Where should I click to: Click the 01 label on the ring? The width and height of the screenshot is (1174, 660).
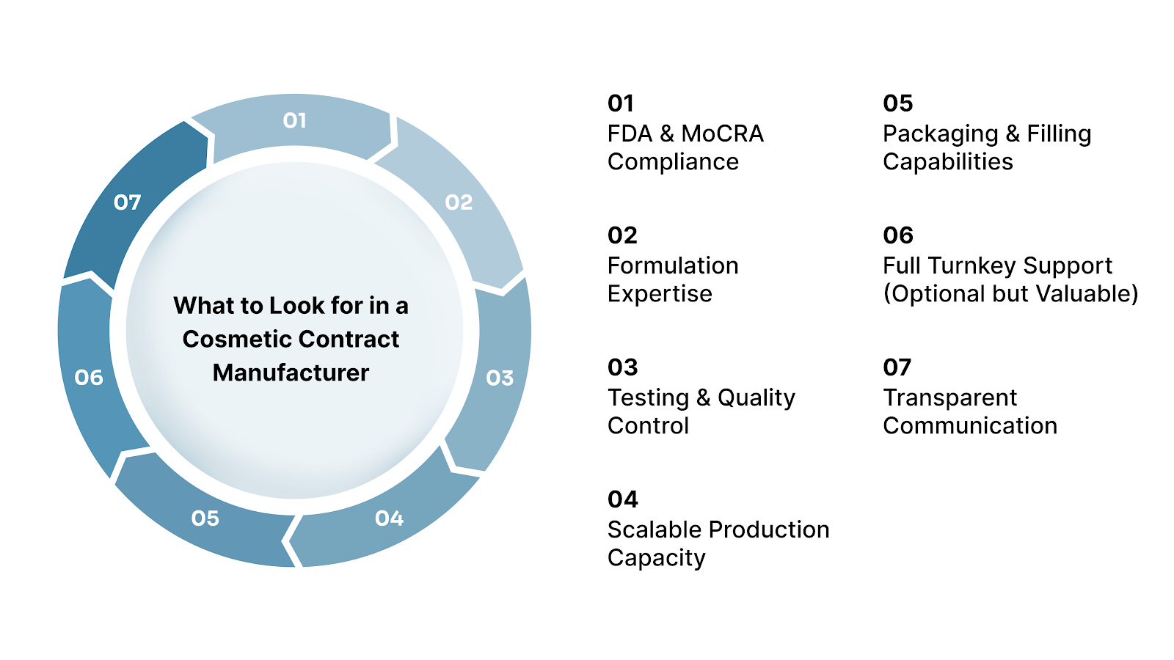pos(294,120)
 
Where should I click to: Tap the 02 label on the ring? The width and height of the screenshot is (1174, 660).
pos(459,202)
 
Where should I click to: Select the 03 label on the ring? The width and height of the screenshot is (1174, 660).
pos(500,378)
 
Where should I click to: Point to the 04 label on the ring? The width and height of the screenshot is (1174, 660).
pos(389,518)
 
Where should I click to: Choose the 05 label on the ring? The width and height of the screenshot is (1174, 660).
pos(205,518)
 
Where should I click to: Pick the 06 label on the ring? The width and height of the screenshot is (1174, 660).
pos(89,378)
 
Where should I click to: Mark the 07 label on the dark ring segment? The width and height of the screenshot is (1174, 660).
pos(127,202)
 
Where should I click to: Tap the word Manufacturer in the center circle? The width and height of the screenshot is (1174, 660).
pos(291,373)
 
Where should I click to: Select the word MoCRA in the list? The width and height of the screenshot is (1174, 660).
pos(722,133)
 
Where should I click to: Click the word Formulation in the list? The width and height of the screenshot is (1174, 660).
pos(673,265)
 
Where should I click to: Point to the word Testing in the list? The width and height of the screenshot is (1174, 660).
pos(648,397)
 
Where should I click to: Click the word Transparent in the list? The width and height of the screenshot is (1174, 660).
pos(949,397)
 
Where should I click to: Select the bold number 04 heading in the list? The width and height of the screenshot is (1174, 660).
pos(622,499)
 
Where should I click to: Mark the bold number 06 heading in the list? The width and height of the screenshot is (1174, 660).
pos(898,235)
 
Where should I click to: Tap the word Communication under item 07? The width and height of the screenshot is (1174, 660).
pos(969,425)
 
